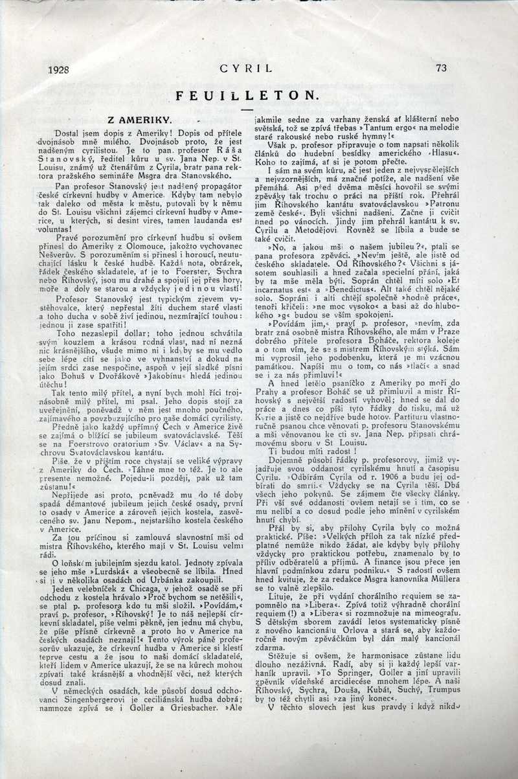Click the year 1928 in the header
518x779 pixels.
click(x=59, y=68)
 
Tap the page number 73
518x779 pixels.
click(x=442, y=67)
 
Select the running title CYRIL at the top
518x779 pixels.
click(x=246, y=67)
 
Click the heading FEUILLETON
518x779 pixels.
click(x=247, y=95)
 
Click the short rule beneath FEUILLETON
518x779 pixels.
click(x=247, y=109)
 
